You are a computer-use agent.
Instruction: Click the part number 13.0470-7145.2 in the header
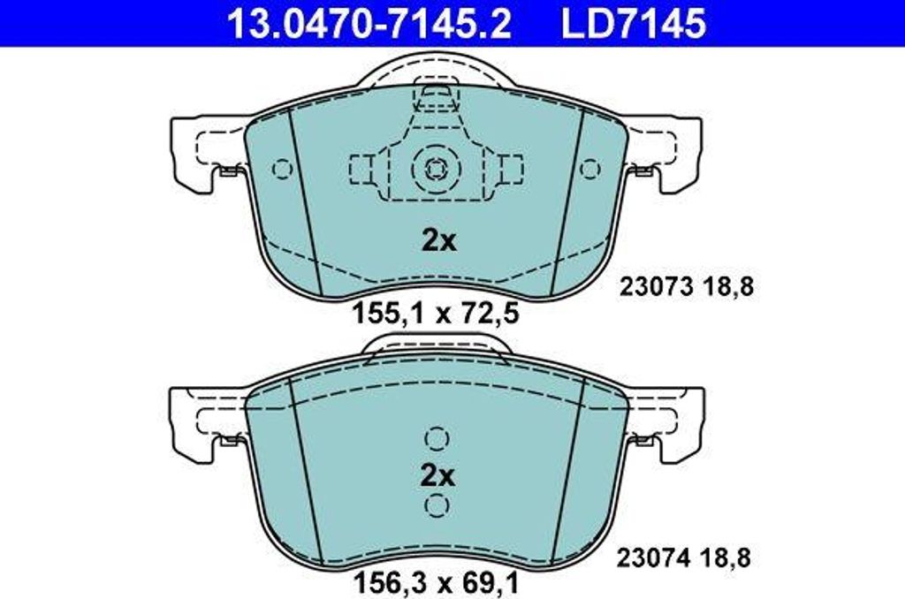369,23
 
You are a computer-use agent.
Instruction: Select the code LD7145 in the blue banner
633,23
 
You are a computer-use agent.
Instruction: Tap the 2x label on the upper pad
438,240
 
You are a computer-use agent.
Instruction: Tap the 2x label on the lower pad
437,476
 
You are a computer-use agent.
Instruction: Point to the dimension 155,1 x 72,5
436,314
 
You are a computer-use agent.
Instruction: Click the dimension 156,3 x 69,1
436,583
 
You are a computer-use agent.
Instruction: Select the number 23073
655,286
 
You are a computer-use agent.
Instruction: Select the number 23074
653,558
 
